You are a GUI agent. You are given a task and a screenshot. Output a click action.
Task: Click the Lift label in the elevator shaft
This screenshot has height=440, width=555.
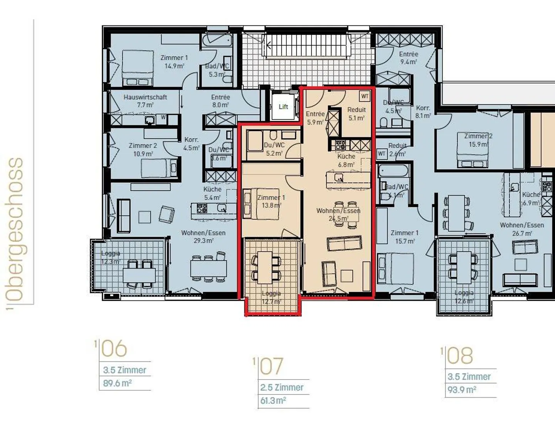click(283, 107)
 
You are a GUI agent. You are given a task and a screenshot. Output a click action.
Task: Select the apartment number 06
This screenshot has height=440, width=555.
click(114, 349)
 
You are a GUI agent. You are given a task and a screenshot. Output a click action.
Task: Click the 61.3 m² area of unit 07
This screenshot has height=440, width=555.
click(273, 401)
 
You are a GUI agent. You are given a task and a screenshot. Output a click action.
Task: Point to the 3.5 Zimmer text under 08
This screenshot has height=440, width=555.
click(469, 376)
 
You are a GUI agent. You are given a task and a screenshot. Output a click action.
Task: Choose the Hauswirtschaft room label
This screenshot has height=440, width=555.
click(145, 101)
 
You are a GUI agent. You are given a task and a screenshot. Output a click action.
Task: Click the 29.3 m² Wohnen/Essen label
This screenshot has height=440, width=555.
click(203, 237)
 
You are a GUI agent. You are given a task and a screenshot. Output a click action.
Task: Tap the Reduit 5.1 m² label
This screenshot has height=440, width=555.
click(357, 114)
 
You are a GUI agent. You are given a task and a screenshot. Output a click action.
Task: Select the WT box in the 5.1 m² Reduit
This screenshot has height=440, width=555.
click(365, 96)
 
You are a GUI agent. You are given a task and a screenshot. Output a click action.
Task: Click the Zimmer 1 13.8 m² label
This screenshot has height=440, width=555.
click(271, 202)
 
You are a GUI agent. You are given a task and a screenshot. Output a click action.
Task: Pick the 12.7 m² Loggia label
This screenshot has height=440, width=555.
click(271, 297)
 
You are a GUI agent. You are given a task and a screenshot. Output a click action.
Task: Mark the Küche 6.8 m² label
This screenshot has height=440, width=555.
click(346, 160)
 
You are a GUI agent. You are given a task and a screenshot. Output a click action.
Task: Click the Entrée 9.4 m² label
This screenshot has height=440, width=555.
click(409, 58)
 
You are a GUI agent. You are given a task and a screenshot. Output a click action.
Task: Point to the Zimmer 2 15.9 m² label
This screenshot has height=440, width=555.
click(478, 140)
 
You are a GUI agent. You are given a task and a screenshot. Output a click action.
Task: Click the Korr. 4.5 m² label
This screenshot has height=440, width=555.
click(191, 144)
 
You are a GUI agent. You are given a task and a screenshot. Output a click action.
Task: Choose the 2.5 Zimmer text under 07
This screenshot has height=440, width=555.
click(282, 387)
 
